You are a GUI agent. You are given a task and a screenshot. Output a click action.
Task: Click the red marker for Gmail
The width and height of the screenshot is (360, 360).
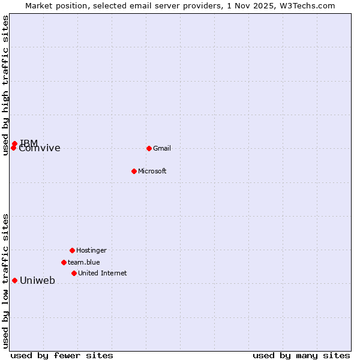pyautogui.click(x=149, y=148)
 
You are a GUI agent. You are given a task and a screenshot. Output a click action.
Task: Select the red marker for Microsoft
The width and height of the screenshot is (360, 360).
pyautogui.click(x=134, y=171)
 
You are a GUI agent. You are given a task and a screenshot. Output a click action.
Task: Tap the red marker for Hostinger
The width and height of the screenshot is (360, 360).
pyautogui.click(x=72, y=250)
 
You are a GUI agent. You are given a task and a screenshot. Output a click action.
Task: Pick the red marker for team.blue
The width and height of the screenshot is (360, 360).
pyautogui.click(x=64, y=262)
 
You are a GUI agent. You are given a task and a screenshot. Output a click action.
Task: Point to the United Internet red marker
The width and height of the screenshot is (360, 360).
pyautogui.click(x=74, y=273)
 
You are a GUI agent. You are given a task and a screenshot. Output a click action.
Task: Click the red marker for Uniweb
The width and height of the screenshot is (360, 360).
pyautogui.click(x=14, y=280)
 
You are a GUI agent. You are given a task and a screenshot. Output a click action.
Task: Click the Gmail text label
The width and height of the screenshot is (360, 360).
pyautogui.click(x=162, y=149)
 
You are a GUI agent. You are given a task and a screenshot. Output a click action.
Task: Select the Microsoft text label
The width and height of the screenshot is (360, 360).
pyautogui.click(x=152, y=172)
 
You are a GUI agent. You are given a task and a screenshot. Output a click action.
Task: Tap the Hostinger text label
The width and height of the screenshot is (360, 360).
pyautogui.click(x=91, y=251)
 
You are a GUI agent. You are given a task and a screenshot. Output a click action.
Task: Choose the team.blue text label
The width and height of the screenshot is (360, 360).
pyautogui.click(x=83, y=263)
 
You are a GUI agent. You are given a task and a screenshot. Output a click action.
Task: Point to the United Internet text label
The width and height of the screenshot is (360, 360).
pyautogui.click(x=102, y=274)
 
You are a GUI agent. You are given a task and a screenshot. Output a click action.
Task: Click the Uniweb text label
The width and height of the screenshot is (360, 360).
pyautogui.click(x=37, y=281)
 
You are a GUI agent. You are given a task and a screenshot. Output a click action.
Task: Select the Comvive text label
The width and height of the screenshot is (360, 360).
pyautogui.click(x=40, y=149)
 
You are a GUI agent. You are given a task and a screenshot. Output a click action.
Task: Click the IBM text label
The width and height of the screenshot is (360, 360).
pyautogui.click(x=29, y=143)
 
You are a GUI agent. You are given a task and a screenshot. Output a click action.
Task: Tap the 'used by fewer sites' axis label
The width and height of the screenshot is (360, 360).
pyautogui.click(x=62, y=355)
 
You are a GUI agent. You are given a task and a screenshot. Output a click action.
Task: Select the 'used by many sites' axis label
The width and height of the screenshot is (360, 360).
pyautogui.click(x=301, y=355)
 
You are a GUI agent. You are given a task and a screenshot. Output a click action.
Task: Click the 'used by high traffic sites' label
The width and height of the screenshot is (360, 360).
pyautogui.click(x=5, y=85)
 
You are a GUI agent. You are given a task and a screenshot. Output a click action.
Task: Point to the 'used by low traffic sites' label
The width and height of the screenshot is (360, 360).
pyautogui.click(x=5, y=281)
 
